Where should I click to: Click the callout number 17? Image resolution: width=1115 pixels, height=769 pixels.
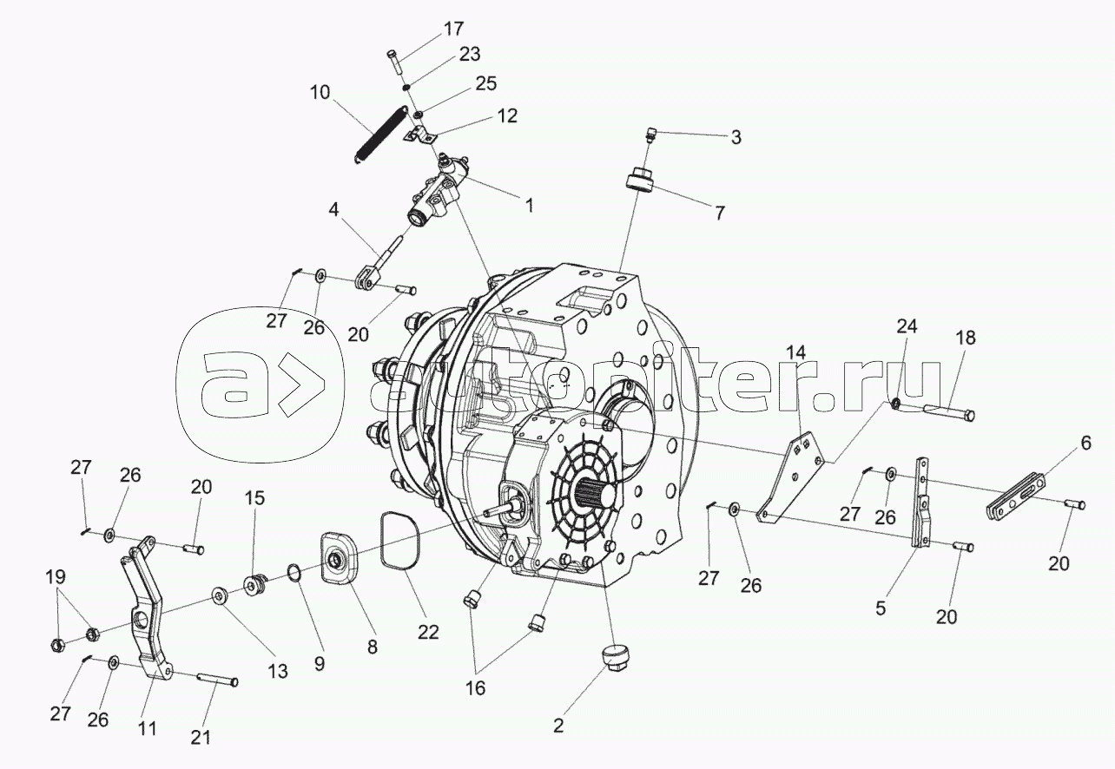[453, 29]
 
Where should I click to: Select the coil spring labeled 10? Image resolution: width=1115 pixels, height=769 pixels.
[380, 132]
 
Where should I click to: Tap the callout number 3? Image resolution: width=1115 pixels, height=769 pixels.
[736, 137]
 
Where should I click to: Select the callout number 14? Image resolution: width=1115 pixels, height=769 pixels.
[796, 352]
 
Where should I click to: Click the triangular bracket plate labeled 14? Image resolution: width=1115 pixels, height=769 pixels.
[788, 477]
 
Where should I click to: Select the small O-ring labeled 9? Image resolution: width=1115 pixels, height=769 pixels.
[294, 574]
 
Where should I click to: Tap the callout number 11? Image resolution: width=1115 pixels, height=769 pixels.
[148, 728]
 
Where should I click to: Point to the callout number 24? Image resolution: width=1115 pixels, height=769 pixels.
[906, 326]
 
